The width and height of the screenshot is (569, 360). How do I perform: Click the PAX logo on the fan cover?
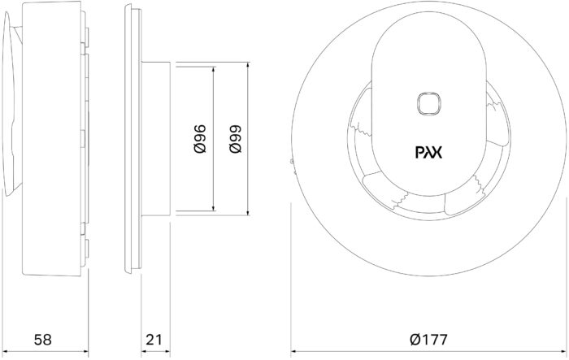(428, 153)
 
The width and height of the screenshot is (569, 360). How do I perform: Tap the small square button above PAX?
(428, 103)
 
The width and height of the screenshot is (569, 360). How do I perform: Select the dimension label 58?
(43, 340)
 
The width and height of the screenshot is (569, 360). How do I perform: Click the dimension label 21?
(154, 340)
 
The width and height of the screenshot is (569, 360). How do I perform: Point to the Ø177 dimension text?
(428, 340)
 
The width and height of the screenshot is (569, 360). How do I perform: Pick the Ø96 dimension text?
(200, 139)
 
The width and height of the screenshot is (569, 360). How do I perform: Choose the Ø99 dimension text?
(235, 139)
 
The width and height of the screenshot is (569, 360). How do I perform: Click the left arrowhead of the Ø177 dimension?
(294, 351)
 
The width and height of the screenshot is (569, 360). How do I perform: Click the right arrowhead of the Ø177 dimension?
(563, 351)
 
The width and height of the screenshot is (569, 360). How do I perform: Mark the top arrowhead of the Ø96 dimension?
(213, 70)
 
